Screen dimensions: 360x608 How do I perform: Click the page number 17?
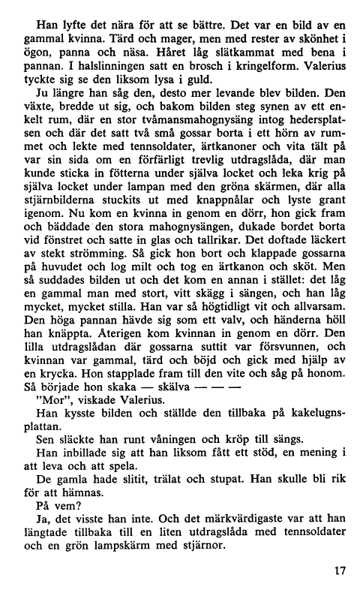pyautogui.click(x=340, y=572)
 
